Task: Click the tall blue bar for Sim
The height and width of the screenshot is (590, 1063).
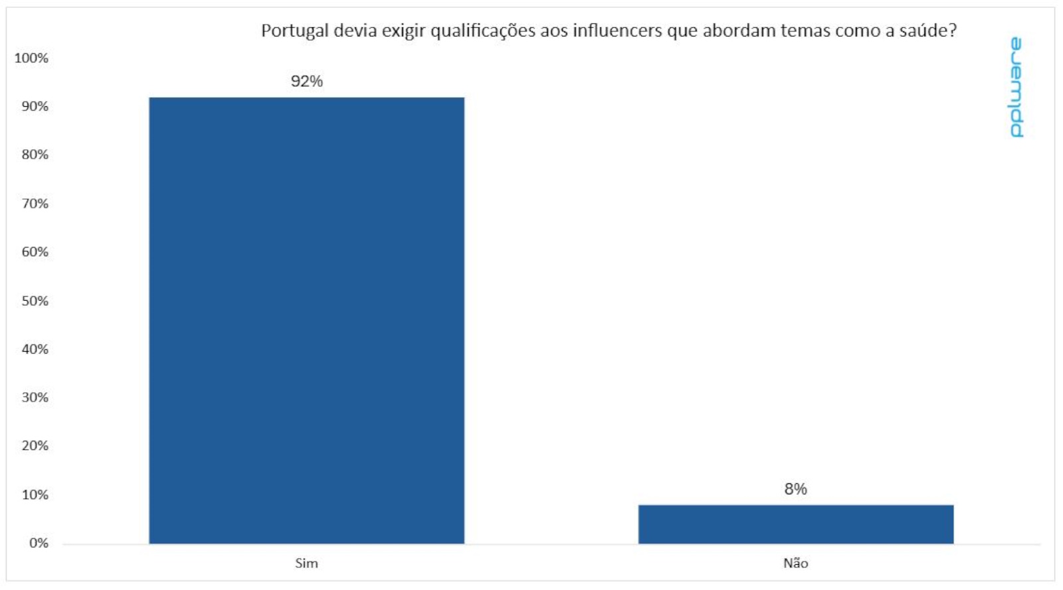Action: (306, 320)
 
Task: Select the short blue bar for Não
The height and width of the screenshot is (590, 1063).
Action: (795, 524)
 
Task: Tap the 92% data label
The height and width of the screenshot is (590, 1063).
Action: (306, 81)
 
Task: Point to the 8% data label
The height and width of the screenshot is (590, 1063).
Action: (795, 489)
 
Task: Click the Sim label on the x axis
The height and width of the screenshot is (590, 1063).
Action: (306, 563)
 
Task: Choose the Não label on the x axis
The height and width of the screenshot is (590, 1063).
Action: (795, 563)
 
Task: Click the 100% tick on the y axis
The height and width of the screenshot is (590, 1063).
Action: (31, 58)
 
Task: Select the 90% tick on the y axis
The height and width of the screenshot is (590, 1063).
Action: (35, 106)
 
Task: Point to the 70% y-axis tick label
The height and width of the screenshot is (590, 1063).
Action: (35, 203)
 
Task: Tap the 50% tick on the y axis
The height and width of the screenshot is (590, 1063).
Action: (35, 301)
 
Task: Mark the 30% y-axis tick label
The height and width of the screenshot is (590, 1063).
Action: (35, 398)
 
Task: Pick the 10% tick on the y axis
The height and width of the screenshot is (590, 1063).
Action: (35, 494)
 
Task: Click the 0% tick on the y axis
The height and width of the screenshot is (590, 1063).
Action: (39, 543)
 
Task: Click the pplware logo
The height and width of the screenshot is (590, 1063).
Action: (1016, 88)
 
